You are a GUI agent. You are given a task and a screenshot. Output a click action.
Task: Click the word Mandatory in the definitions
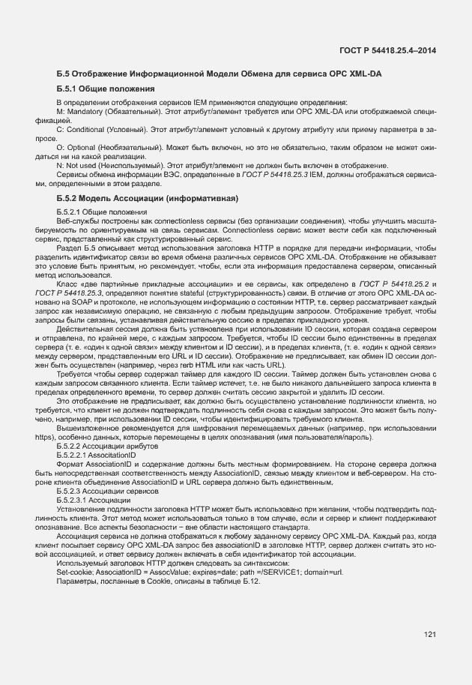[87, 111]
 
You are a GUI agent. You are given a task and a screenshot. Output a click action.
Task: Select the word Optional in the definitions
[83, 149]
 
